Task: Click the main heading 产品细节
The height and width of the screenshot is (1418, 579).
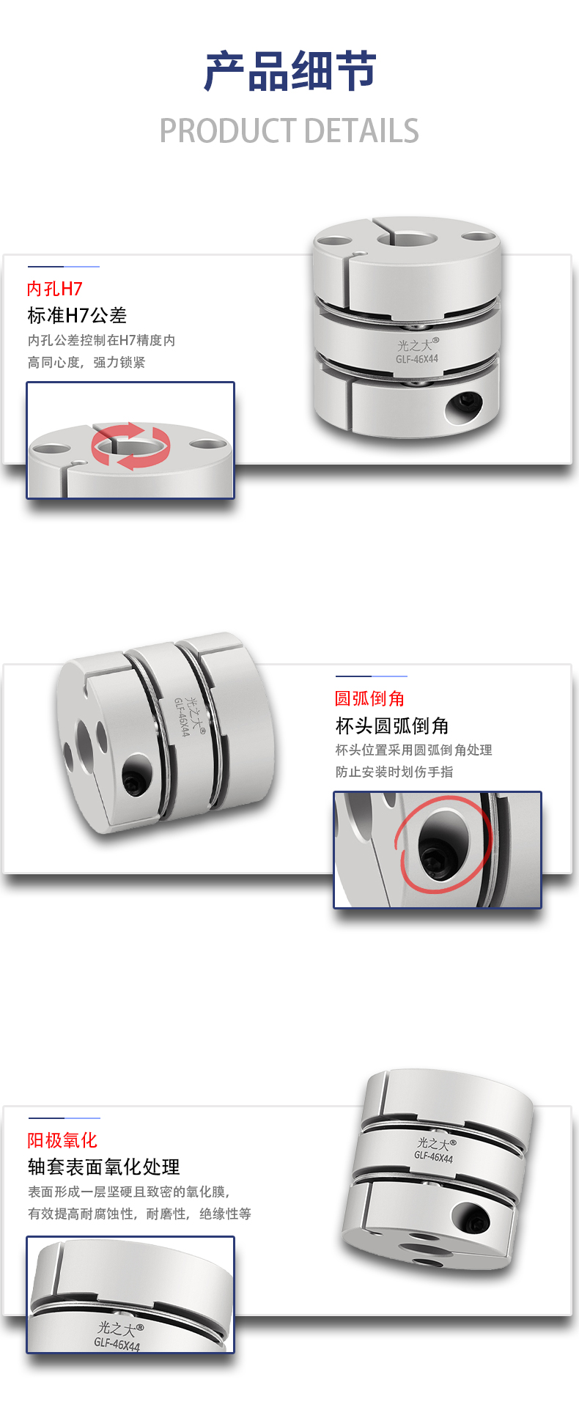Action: (289, 71)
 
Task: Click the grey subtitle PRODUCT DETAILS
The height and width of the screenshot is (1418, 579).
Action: (289, 131)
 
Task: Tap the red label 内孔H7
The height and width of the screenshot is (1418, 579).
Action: (55, 289)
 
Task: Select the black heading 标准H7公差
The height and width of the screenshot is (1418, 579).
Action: (77, 316)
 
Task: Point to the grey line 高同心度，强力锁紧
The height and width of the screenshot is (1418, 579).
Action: (86, 363)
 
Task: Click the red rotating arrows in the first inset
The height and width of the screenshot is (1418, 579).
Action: (130, 446)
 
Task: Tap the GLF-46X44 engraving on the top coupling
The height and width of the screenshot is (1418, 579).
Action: (417, 359)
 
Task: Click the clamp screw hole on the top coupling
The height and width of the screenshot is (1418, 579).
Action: (465, 402)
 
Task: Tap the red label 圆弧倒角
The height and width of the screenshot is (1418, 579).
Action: (370, 698)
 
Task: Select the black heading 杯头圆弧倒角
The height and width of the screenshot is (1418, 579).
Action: (392, 725)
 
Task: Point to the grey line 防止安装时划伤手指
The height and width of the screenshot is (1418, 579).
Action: (394, 772)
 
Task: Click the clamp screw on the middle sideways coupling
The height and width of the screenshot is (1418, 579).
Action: (137, 782)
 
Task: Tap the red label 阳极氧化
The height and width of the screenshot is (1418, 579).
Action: (62, 1140)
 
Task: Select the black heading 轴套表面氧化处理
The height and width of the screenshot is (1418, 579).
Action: (103, 1167)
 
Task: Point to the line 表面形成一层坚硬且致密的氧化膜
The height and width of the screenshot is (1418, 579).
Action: (129, 1192)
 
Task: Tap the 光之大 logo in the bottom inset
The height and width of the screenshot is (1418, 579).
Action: (120, 1328)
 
